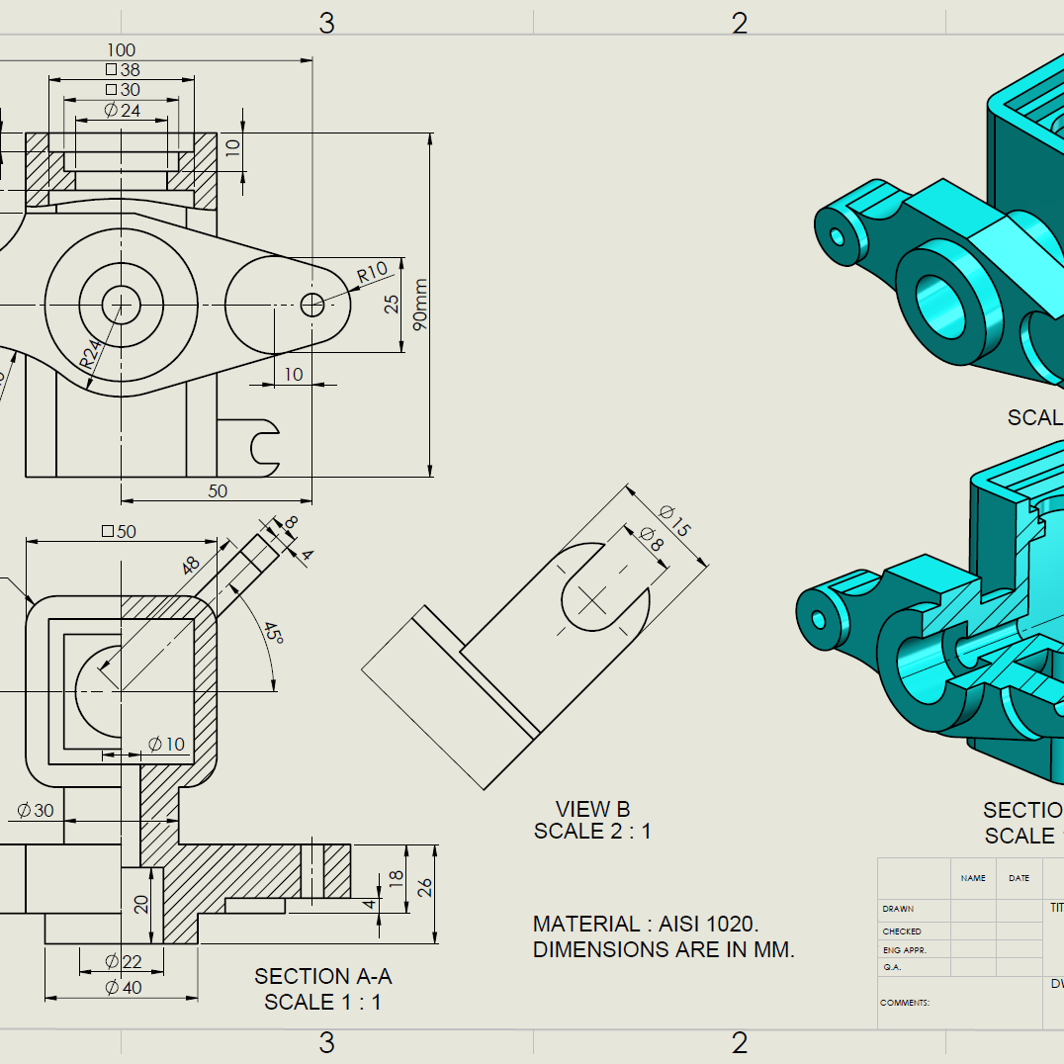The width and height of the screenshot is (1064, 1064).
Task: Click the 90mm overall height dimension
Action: (x=422, y=305)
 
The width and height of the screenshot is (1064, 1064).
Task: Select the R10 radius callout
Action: (x=372, y=274)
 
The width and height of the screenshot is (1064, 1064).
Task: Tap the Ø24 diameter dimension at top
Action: (x=123, y=110)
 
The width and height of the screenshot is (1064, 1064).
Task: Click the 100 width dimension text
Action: (x=121, y=50)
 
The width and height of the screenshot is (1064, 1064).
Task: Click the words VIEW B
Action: (x=592, y=810)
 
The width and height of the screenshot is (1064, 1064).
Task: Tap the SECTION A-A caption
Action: (x=323, y=976)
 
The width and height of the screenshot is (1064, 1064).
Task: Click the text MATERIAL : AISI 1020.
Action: (x=645, y=925)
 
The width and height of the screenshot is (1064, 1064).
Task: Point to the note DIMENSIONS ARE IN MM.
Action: (x=664, y=950)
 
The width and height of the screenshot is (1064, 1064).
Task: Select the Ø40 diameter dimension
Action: (x=123, y=987)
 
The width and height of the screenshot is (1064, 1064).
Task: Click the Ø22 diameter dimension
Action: (x=123, y=961)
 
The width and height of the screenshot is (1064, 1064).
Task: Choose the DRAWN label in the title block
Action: (x=898, y=909)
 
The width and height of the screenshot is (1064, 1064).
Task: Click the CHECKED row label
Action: (x=902, y=931)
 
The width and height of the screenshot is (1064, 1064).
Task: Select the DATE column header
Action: (x=1019, y=878)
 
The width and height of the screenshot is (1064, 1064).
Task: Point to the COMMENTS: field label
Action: (x=905, y=1003)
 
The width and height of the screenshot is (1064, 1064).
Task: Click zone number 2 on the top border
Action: (x=739, y=24)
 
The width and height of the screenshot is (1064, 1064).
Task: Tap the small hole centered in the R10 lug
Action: (x=311, y=305)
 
